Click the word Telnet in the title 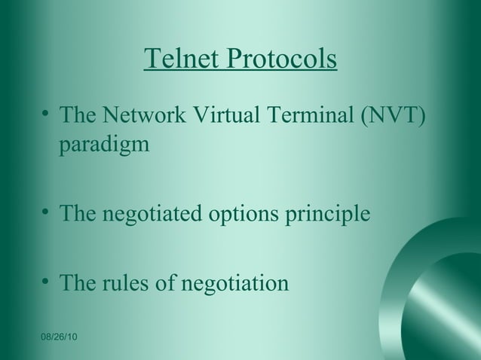click(177, 59)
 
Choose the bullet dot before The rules click(47, 282)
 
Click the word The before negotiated click(78, 214)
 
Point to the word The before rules click(78, 284)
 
